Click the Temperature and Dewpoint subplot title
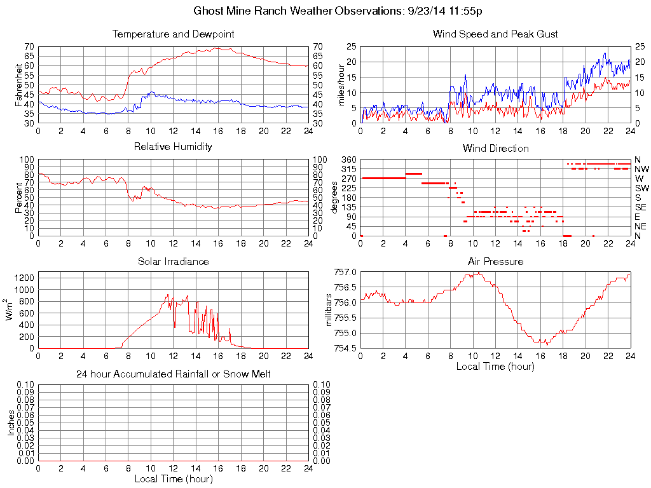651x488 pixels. pyautogui.click(x=173, y=34)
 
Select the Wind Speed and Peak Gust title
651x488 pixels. pyautogui.click(x=495, y=34)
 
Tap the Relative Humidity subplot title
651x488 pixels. pyautogui.click(x=173, y=147)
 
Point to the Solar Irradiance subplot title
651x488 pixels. pyautogui.click(x=173, y=261)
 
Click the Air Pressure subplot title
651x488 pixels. pyautogui.click(x=495, y=261)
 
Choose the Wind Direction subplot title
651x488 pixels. pyautogui.click(x=495, y=148)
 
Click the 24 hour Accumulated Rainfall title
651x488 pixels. pyautogui.click(x=173, y=374)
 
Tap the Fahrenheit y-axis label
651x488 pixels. pyautogui.click(x=18, y=85)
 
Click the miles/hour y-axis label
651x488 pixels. pyautogui.click(x=341, y=85)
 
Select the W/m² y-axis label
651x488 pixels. pyautogui.click(x=10, y=310)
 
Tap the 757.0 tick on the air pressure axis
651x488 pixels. pyautogui.click(x=346, y=272)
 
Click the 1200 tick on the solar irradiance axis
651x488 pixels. pyautogui.click(x=25, y=278)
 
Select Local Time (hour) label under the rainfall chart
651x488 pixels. pyautogui.click(x=173, y=478)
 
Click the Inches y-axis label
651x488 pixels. pyautogui.click(x=11, y=423)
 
